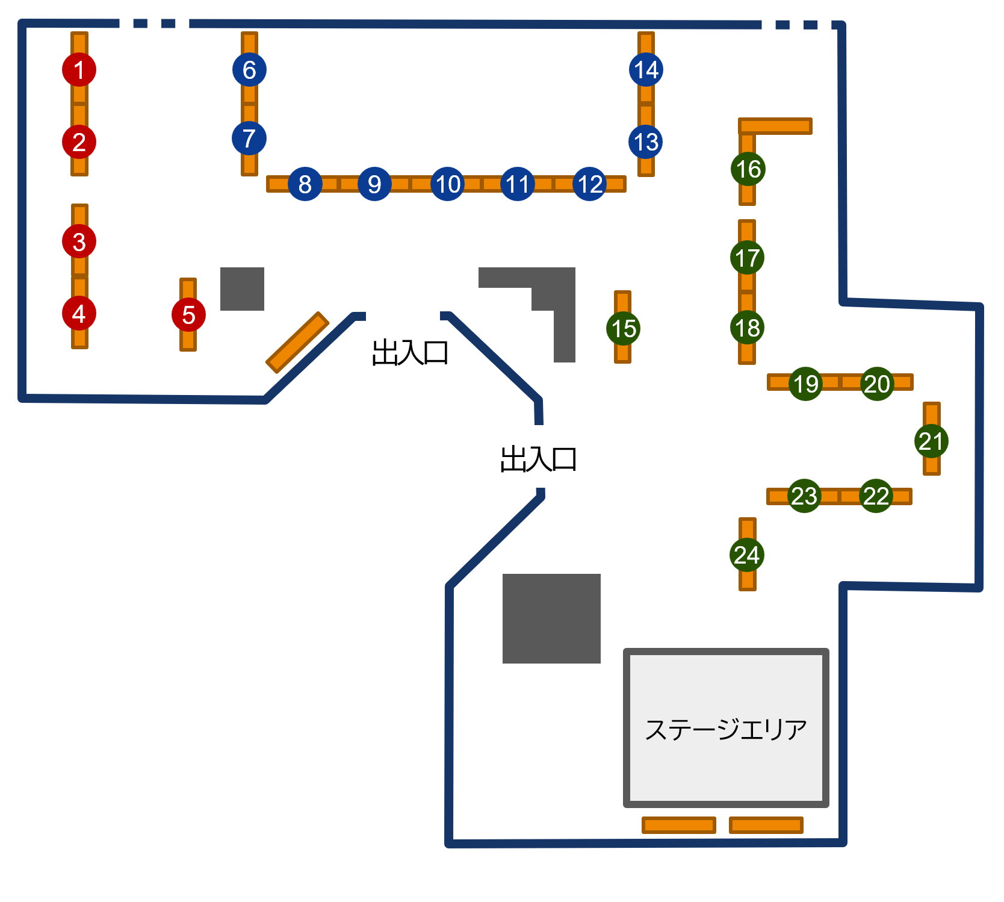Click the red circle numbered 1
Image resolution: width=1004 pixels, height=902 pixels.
pyautogui.click(x=79, y=70)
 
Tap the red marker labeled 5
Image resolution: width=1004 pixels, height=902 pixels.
pyautogui.click(x=188, y=314)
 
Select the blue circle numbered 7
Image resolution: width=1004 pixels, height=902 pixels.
pyautogui.click(x=249, y=138)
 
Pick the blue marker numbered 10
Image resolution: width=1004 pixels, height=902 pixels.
pyautogui.click(x=447, y=184)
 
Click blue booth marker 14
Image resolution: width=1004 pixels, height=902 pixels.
pyautogui.click(x=646, y=70)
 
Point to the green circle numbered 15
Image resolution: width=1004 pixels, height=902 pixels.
pyautogui.click(x=623, y=328)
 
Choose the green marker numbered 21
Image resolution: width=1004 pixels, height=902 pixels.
pyautogui.click(x=931, y=441)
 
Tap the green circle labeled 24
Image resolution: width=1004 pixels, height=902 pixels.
pyautogui.click(x=747, y=555)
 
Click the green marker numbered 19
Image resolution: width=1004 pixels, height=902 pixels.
pyautogui.click(x=805, y=383)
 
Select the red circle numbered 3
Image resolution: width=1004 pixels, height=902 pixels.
pyautogui.click(x=79, y=241)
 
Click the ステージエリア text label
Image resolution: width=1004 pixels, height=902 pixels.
pyautogui.click(x=725, y=729)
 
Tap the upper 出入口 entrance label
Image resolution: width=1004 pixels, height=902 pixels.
pyautogui.click(x=410, y=353)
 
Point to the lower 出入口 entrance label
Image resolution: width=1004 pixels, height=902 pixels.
pyautogui.click(x=538, y=459)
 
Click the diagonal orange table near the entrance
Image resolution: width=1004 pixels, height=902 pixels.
pyautogui.click(x=297, y=342)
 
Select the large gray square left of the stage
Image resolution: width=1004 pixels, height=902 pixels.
pyautogui.click(x=551, y=618)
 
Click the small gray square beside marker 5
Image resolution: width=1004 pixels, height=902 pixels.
pyautogui.click(x=242, y=289)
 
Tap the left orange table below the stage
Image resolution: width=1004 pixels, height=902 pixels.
pyautogui.click(x=679, y=825)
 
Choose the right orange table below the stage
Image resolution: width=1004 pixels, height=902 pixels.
pyautogui.click(x=766, y=825)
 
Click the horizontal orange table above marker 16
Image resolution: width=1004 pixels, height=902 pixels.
pyautogui.click(x=775, y=126)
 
